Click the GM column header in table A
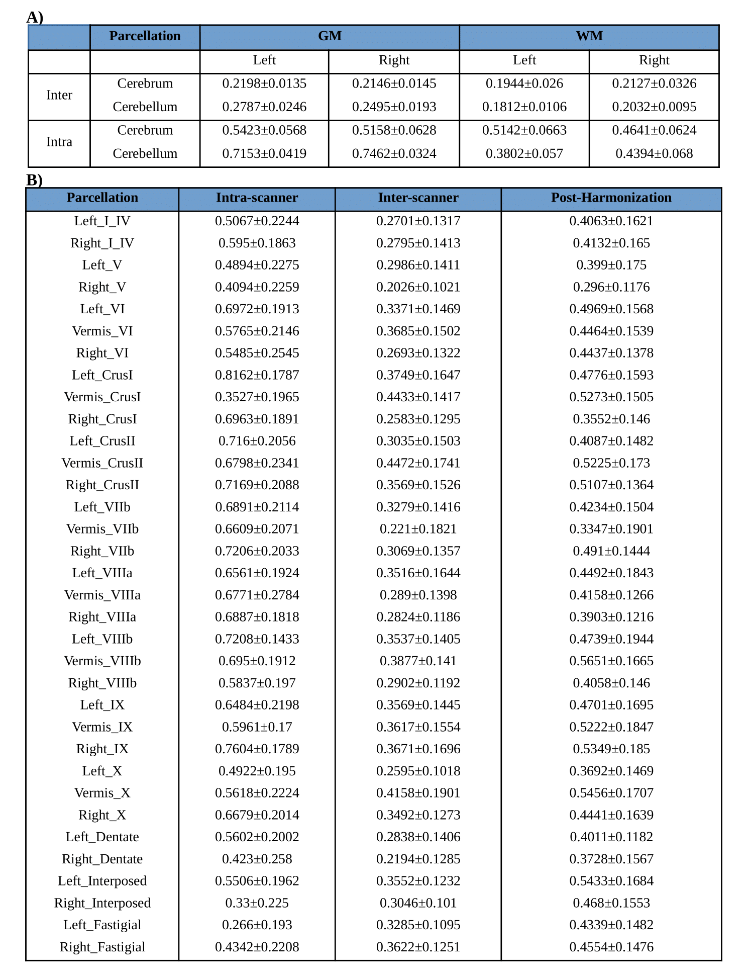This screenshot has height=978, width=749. point(330,36)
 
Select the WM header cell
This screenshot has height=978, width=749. point(589,36)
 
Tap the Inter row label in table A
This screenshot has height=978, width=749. point(59,95)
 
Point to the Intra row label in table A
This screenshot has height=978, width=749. point(59,142)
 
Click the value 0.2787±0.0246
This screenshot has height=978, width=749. point(264,107)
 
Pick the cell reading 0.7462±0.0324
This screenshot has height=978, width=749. point(394,153)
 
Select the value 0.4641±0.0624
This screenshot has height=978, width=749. point(654,130)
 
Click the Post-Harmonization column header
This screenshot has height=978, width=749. point(611,198)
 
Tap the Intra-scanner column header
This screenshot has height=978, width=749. point(257,198)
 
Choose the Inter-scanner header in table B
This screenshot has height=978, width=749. point(418,198)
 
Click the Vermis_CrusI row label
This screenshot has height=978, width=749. point(102,397)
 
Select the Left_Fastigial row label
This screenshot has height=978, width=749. point(102,925)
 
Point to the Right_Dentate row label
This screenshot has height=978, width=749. point(102,859)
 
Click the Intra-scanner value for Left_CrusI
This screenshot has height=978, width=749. point(257,375)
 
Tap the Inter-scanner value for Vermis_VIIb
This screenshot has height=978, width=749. point(418,529)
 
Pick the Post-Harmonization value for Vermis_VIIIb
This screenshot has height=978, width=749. point(611,661)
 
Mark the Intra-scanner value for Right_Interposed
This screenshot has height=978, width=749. point(257,903)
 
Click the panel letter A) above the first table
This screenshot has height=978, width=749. point(35,18)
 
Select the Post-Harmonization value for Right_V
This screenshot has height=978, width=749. point(611,287)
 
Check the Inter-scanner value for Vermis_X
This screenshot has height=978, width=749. point(418,793)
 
